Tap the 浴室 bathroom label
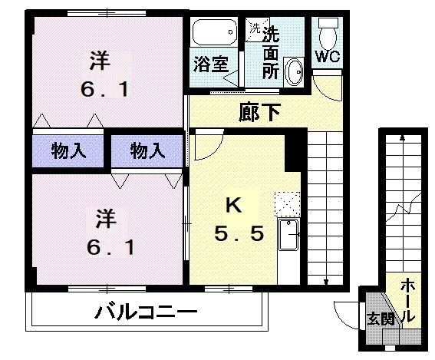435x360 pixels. (x=209, y=64)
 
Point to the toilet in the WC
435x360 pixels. (x=328, y=31)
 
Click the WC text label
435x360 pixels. (x=328, y=58)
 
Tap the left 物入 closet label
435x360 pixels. (x=70, y=151)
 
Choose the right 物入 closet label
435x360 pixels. (x=147, y=151)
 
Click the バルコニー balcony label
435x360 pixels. (x=147, y=313)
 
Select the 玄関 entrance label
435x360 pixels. (x=377, y=317)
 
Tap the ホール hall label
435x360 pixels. (x=408, y=300)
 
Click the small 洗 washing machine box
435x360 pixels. (x=254, y=29)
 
